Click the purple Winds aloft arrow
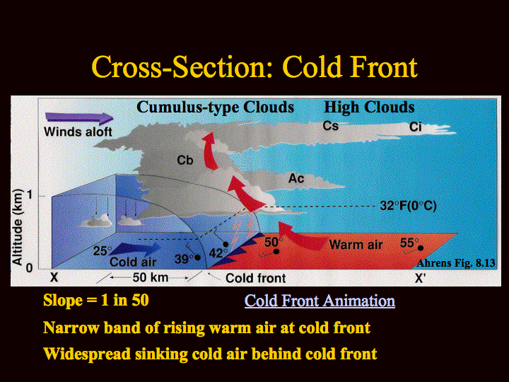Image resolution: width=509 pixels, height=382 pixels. coord(79,118)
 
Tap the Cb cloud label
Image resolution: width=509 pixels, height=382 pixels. coord(185,160)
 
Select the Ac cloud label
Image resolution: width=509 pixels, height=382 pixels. coord(296,178)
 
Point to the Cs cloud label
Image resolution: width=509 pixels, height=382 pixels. coord(330,126)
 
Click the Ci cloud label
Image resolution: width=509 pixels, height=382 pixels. coord(415,127)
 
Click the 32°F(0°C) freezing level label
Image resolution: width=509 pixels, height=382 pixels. coord(408,206)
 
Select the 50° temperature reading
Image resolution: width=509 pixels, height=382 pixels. coord(274,242)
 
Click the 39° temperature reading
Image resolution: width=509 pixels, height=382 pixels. coord(184,259)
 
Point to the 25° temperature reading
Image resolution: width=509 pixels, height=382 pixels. coord(103,250)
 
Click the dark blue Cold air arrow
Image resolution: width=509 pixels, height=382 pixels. coord(136,250)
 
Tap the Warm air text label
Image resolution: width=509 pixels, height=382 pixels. coord(356,245)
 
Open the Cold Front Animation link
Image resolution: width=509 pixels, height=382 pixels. coord(320,301)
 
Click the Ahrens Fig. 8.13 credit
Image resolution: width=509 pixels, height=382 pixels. coord(456,262)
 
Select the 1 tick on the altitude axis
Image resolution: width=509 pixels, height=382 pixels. coord(30,195)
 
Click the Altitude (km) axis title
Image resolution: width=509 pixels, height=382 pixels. coord(17,227)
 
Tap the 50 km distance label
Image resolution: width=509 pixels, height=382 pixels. coord(151,277)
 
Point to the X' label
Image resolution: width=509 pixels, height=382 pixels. coord(420,278)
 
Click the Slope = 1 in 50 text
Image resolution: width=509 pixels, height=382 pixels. coord(96,300)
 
